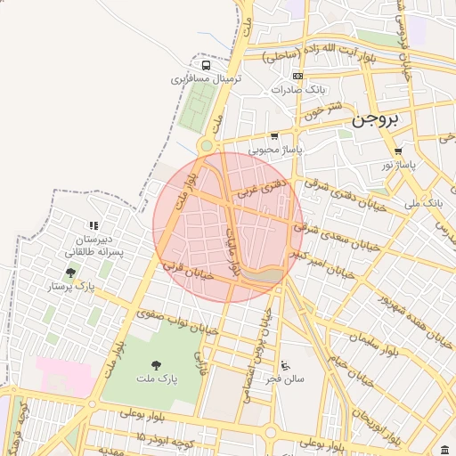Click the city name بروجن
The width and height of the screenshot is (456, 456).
(x=375, y=118)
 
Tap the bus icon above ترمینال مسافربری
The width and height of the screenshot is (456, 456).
(x=207, y=65)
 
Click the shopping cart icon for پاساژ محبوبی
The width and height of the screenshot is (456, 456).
(x=274, y=137)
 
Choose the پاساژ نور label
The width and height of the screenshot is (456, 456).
(x=399, y=165)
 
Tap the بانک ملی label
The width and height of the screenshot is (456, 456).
(x=423, y=204)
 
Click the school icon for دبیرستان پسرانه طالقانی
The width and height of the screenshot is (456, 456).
(x=94, y=227)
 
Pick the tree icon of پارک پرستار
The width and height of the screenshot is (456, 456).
(x=70, y=273)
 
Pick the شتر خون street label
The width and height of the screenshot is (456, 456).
(x=322, y=111)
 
